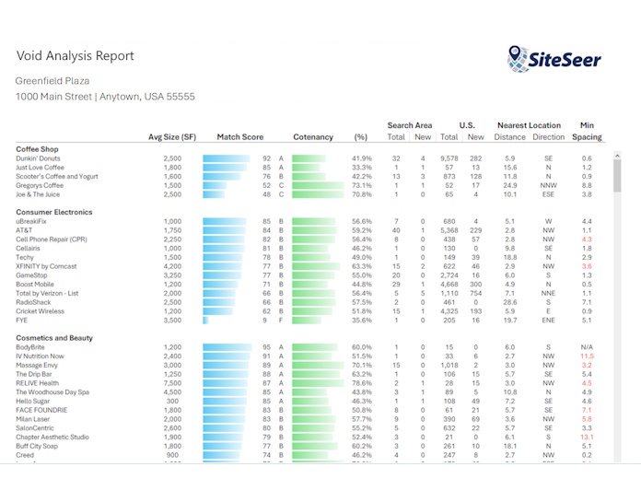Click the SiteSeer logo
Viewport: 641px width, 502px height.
point(554,58)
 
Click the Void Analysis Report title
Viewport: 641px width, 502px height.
point(75,55)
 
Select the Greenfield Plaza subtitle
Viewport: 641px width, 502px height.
point(52,80)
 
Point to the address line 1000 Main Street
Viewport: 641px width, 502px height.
point(105,96)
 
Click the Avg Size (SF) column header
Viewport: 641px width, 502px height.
point(172,137)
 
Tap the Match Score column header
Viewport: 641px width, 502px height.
point(239,137)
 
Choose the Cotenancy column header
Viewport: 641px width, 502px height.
point(313,137)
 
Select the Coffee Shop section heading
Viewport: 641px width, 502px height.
point(37,148)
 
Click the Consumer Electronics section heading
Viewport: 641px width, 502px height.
point(53,212)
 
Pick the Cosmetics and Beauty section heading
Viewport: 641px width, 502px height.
point(54,338)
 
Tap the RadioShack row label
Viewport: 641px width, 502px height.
point(33,302)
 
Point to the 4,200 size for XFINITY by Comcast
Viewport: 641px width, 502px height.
point(172,266)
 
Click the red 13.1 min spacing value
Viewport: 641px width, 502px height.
point(587,438)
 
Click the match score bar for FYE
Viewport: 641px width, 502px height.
point(204,321)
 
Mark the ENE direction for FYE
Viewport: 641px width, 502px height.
point(548,321)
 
